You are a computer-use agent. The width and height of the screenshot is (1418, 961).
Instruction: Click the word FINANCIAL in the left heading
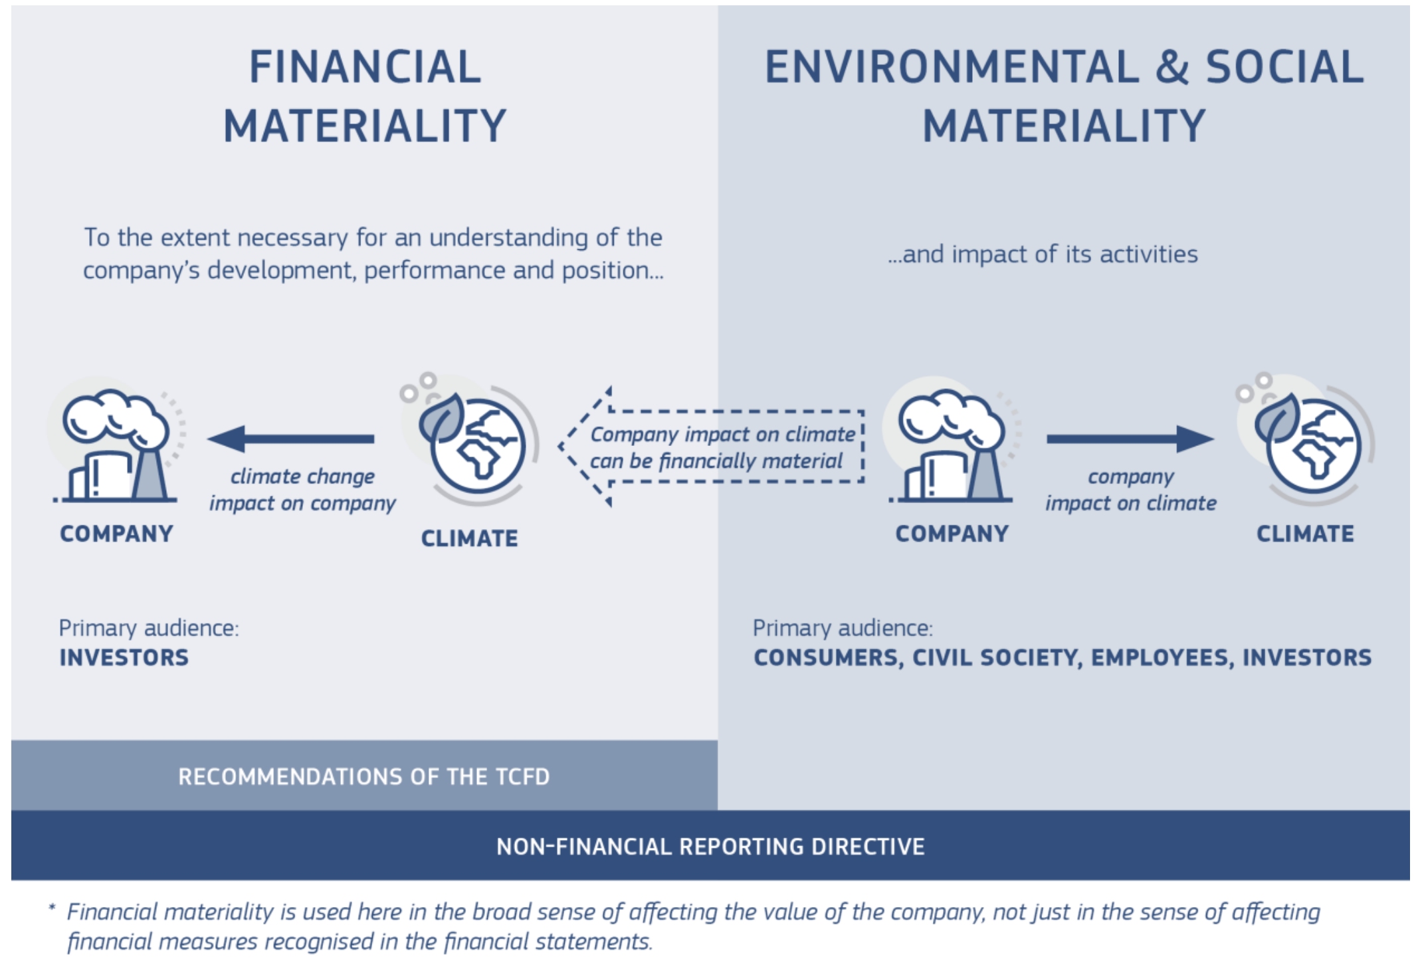(365, 67)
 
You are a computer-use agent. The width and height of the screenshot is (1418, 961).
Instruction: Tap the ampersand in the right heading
(1172, 67)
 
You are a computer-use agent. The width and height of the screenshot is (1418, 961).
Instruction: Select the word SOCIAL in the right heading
(1284, 67)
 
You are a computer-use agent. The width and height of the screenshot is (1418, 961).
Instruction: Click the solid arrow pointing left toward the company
(291, 439)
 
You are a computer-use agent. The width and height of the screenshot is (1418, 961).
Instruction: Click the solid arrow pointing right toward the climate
(1130, 439)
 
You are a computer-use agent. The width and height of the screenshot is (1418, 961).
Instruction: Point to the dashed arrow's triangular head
(585, 447)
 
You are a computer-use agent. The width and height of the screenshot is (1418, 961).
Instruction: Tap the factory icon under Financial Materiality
(116, 445)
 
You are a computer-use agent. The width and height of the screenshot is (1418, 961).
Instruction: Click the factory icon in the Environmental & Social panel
(952, 445)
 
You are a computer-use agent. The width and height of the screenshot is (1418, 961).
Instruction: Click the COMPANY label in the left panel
(116, 534)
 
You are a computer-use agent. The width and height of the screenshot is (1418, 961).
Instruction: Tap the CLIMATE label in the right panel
(1305, 534)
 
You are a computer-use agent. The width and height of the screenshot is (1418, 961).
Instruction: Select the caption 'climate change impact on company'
(302, 490)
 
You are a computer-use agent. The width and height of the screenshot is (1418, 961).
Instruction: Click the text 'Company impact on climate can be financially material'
(722, 447)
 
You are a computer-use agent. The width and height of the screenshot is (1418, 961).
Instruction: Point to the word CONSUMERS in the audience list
(828, 657)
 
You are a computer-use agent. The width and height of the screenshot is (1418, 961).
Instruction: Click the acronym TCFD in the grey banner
(522, 776)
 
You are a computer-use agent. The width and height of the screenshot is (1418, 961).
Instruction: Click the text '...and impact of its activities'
(1043, 255)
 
